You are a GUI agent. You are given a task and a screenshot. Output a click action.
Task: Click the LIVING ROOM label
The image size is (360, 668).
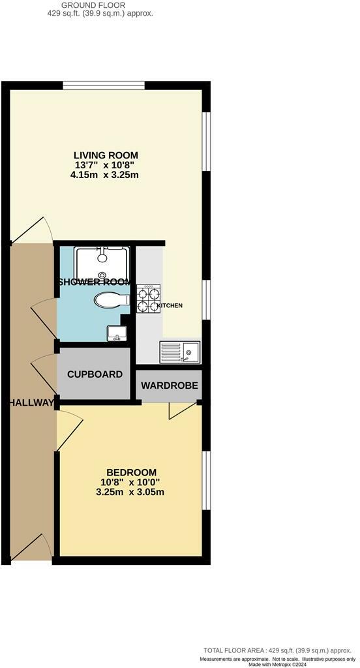(106, 155)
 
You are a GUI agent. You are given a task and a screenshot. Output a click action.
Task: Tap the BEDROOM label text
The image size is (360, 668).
(132, 472)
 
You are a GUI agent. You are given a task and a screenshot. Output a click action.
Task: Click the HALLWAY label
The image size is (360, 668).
(31, 402)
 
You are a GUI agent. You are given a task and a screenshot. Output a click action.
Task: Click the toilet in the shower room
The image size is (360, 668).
(110, 300)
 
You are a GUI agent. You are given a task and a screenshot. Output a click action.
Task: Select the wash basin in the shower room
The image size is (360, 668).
(117, 333)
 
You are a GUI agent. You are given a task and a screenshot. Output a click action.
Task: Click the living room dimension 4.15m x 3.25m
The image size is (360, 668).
(106, 175)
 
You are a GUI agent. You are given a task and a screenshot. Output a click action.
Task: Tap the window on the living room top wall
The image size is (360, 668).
(104, 84)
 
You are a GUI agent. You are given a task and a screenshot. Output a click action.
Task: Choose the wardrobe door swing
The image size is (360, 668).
(181, 410)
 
